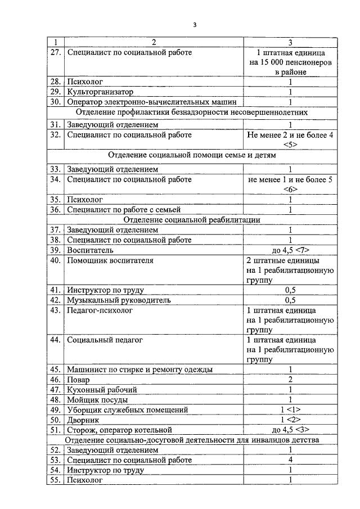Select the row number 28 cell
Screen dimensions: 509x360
pyautogui.click(x=55, y=82)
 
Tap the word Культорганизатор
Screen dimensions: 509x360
pyautogui.click(x=101, y=92)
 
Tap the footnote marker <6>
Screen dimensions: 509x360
pyautogui.click(x=290, y=189)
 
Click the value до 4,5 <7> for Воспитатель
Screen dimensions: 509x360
pyautogui.click(x=290, y=250)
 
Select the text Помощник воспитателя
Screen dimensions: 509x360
pyautogui.click(x=110, y=260)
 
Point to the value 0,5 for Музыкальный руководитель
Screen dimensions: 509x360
pyautogui.click(x=290, y=300)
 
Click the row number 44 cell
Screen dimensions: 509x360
pyautogui.click(x=55, y=340)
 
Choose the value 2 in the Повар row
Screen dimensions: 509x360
pyautogui.click(x=290, y=380)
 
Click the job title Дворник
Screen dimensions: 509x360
pyautogui.click(x=83, y=420)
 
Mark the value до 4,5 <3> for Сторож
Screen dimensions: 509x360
pyautogui.click(x=290, y=430)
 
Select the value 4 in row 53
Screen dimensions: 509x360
pyautogui.click(x=290, y=460)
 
